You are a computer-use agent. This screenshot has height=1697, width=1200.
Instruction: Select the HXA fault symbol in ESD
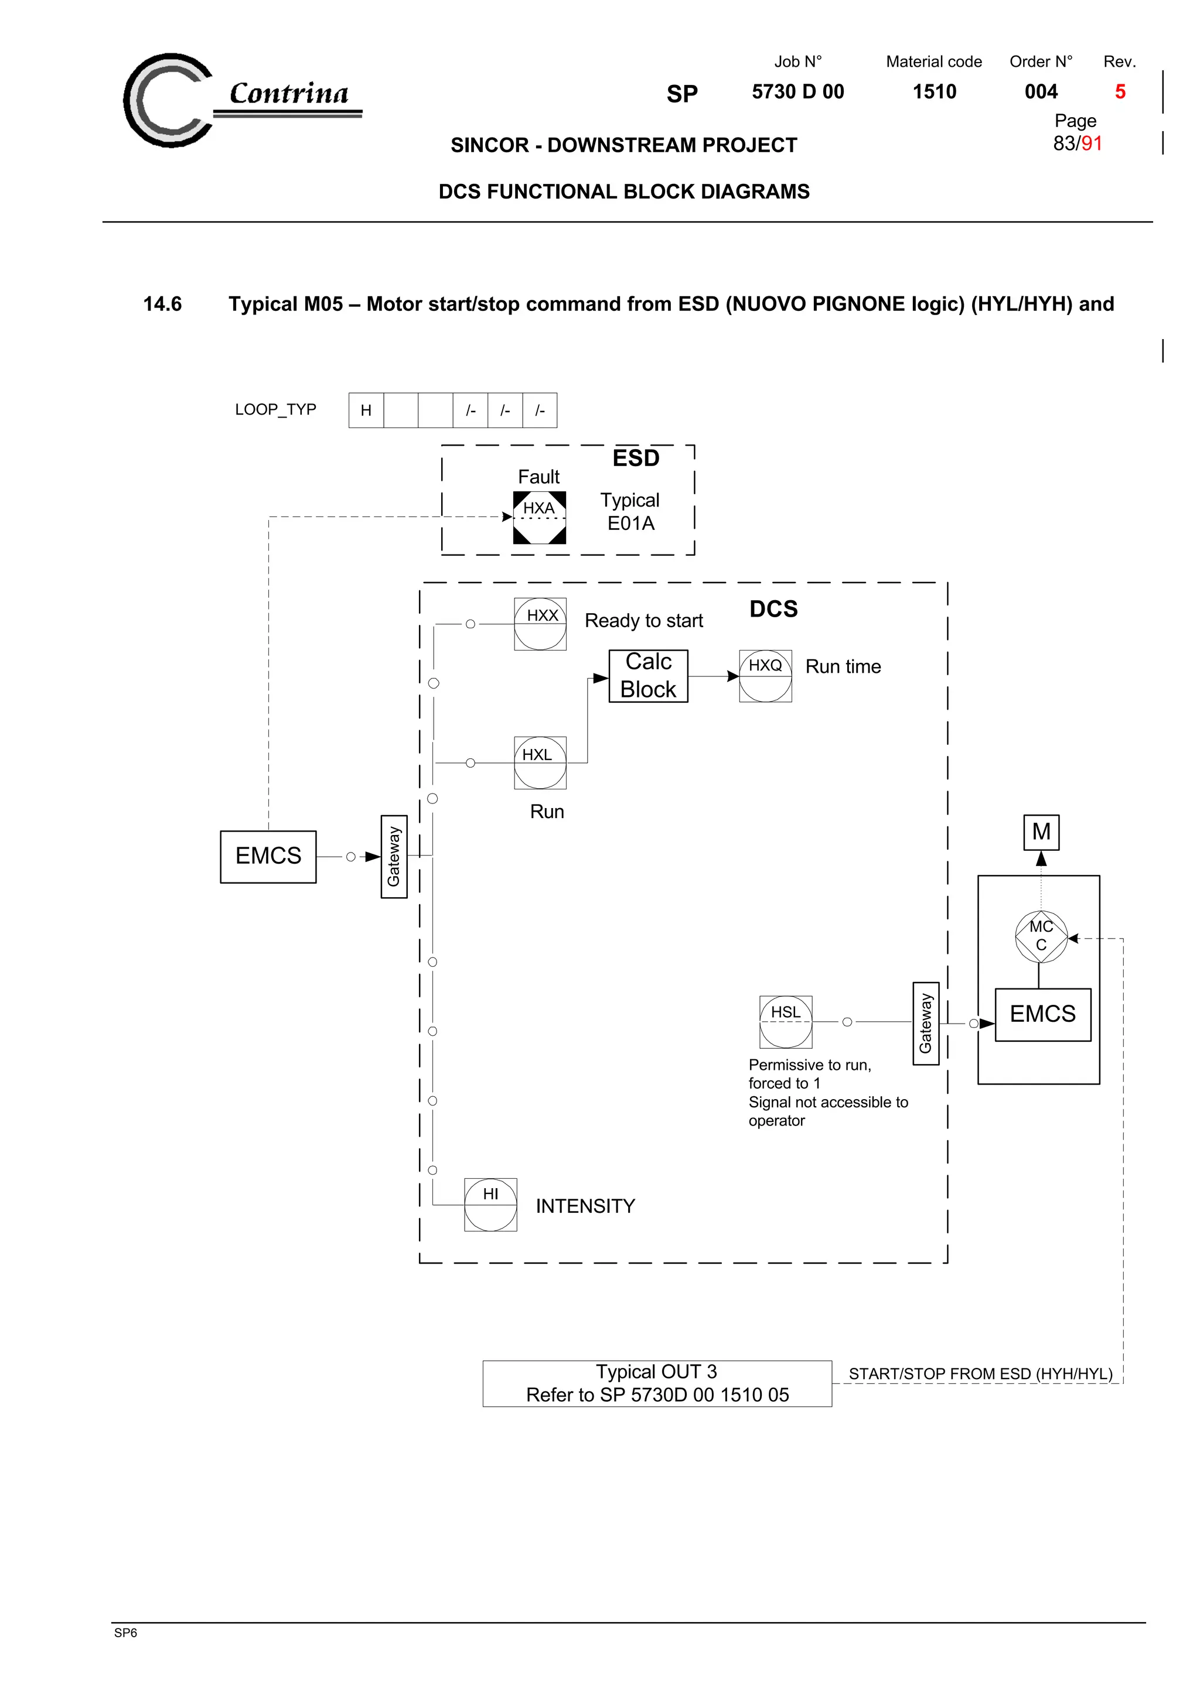pos(540,518)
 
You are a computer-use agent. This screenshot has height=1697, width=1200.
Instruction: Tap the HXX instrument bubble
pos(540,624)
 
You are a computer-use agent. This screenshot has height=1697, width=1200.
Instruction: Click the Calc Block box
pos(649,676)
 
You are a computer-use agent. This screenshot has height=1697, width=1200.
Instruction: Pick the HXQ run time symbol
pos(765,676)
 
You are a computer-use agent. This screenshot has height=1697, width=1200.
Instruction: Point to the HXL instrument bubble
pos(540,763)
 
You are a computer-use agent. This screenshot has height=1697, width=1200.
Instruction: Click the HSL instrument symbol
pos(786,1022)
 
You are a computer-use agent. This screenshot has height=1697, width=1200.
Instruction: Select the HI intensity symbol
pos(491,1205)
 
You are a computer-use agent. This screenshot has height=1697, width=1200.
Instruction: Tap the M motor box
pos(1041,832)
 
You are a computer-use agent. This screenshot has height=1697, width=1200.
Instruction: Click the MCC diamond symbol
pos(1041,936)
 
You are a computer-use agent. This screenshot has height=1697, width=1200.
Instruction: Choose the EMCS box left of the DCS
pos(268,857)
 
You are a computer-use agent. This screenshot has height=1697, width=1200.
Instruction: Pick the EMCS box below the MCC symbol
pos(1042,1015)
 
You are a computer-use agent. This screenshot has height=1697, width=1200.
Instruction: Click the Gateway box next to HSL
pos(926,1024)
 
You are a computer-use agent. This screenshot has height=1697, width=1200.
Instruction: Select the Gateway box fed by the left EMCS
pos(394,857)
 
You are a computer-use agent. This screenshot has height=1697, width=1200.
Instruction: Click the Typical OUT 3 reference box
pos(657,1384)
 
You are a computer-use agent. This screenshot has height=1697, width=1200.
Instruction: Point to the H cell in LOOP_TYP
pos(366,410)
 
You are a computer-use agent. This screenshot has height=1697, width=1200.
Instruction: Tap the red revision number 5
pos(1120,92)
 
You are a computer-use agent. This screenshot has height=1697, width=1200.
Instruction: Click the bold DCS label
pos(773,609)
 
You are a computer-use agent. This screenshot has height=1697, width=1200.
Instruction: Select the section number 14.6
pos(163,304)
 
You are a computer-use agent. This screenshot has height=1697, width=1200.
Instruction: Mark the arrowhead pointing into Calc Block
pos(601,678)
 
